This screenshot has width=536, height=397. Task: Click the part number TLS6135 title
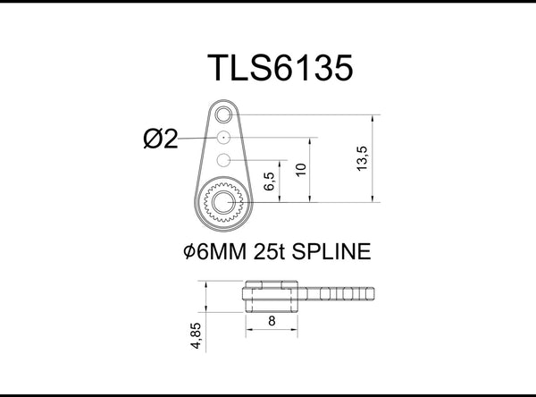click(x=268, y=68)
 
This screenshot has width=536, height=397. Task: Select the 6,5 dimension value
click(x=269, y=182)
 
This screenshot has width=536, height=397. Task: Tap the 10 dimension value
click(x=303, y=170)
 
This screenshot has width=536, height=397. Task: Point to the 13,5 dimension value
click(x=361, y=159)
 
